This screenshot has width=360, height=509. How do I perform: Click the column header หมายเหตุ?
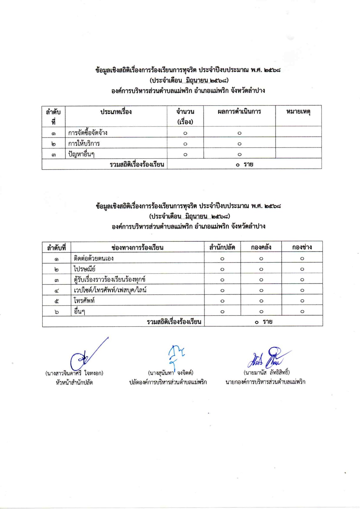[x=298, y=112]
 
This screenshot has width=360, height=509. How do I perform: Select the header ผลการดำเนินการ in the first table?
[x=239, y=112]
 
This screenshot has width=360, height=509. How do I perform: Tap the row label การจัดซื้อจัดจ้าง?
[x=88, y=133]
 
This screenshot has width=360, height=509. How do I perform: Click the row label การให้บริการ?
[x=84, y=143]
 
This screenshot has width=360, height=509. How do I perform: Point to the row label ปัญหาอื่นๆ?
[x=81, y=154]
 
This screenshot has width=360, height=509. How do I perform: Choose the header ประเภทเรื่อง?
[x=116, y=112]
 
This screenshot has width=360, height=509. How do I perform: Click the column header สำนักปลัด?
[x=222, y=247]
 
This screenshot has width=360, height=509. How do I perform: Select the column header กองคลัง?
[x=261, y=247]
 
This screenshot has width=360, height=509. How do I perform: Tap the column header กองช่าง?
[x=302, y=247]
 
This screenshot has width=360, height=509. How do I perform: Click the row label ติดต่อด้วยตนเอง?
[x=94, y=258]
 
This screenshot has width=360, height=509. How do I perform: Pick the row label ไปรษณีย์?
[x=85, y=269]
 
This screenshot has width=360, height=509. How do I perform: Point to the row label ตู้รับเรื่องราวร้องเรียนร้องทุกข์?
[x=110, y=280]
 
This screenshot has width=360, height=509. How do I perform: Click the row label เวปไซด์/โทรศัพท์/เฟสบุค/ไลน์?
[x=110, y=290]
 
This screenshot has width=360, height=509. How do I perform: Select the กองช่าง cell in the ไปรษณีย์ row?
[x=302, y=269]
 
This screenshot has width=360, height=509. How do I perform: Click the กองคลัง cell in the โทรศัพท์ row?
[x=261, y=301]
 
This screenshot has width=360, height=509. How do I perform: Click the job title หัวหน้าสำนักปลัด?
[x=74, y=383]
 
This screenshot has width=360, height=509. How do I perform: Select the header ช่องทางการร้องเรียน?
[x=137, y=248]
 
